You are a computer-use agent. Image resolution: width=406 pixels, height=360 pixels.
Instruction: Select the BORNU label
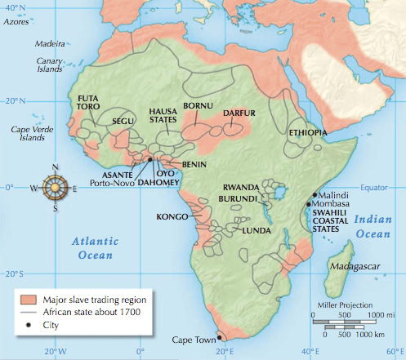(x=198, y=106)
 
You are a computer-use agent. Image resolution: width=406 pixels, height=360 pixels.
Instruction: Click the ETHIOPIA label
(x=308, y=131)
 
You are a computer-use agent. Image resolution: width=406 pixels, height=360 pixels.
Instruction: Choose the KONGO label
(x=172, y=217)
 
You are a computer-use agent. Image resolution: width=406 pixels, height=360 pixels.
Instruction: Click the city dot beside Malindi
(x=314, y=194)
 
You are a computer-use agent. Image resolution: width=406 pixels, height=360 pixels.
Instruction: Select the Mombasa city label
(x=335, y=203)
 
